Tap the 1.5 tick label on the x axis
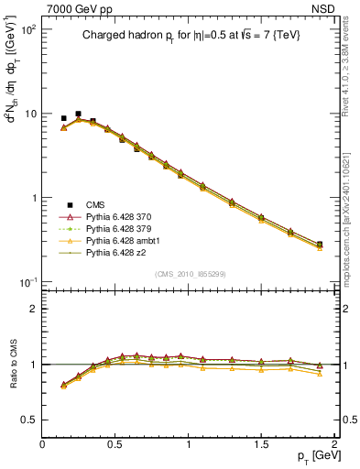tap(262, 444)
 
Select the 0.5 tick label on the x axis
tap(115, 444)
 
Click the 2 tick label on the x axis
tap(334, 444)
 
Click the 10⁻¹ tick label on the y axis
tap(26, 282)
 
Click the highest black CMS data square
tap(78, 114)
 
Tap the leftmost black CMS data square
tap(63, 118)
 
